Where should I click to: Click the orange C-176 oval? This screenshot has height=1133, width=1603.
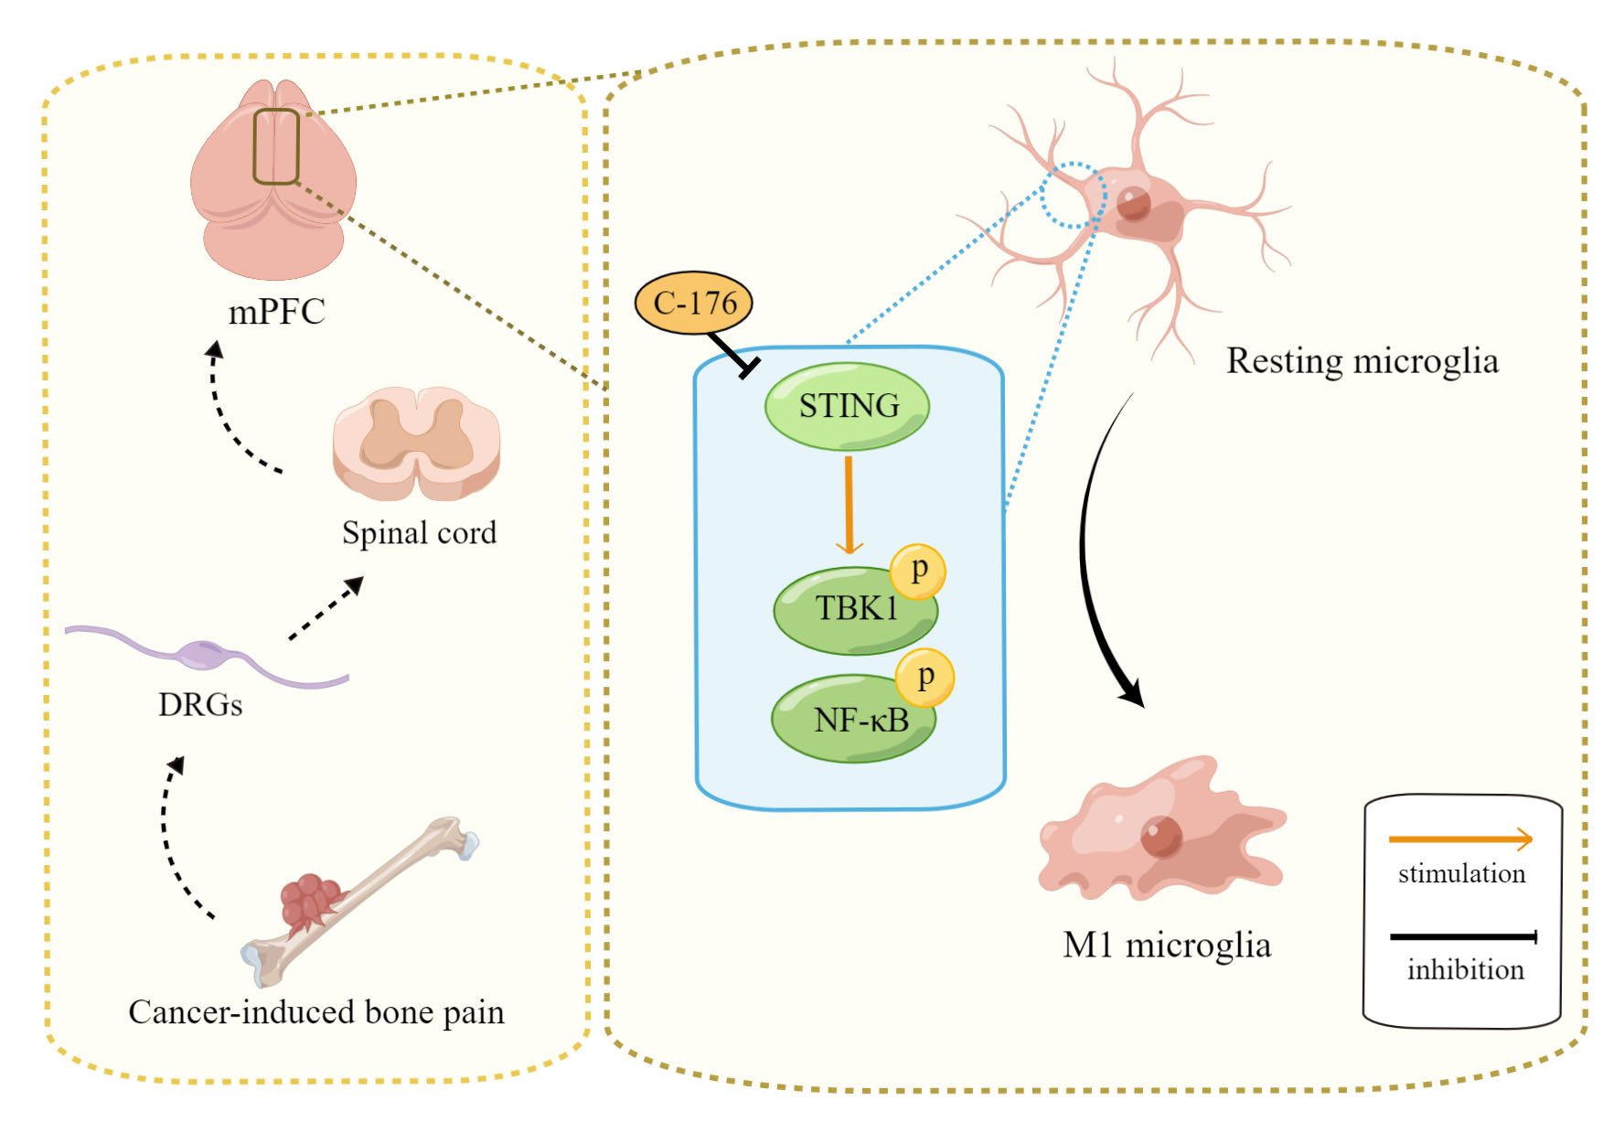(693, 303)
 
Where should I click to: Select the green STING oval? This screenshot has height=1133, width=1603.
(847, 406)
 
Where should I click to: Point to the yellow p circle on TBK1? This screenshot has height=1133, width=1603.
(918, 571)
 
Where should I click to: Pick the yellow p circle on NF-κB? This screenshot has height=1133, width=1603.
(924, 678)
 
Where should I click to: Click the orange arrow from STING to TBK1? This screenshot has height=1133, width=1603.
(849, 504)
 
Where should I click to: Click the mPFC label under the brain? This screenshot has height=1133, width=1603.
(276, 312)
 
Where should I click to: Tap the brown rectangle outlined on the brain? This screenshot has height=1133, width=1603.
(276, 146)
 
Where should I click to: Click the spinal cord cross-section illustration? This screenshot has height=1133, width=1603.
(417, 444)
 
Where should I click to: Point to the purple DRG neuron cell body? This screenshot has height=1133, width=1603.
(203, 654)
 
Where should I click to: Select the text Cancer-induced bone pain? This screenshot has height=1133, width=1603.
(316, 1012)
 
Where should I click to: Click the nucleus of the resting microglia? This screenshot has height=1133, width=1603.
(1133, 203)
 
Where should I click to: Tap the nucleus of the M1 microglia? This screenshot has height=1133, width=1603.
(1160, 835)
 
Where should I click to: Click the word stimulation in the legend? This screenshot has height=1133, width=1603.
(1461, 873)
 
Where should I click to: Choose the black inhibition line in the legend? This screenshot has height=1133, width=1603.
(1461, 936)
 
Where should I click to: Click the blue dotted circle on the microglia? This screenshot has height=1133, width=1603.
(1074, 195)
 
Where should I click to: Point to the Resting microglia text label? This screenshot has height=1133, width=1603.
(1362, 361)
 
